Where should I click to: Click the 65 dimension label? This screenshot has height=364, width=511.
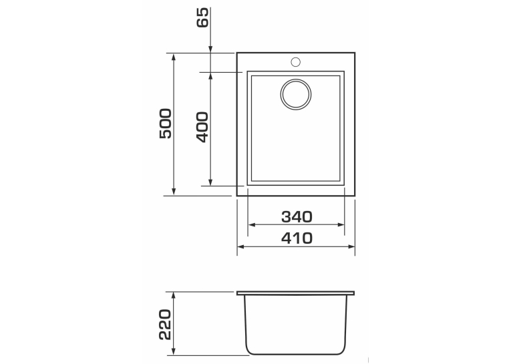click(202, 17)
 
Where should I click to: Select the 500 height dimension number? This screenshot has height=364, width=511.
click(166, 124)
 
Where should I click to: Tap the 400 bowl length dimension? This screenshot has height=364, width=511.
click(202, 127)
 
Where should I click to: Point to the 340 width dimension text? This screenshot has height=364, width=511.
click(297, 217)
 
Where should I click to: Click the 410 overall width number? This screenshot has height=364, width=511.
click(297, 238)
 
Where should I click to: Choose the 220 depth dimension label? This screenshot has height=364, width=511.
click(165, 325)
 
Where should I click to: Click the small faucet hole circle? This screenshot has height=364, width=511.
click(296, 62)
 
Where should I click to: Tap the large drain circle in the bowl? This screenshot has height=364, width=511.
click(296, 94)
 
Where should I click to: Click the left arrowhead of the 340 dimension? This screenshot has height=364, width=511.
click(252, 224)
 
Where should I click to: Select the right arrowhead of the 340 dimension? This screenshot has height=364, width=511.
click(341, 224)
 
